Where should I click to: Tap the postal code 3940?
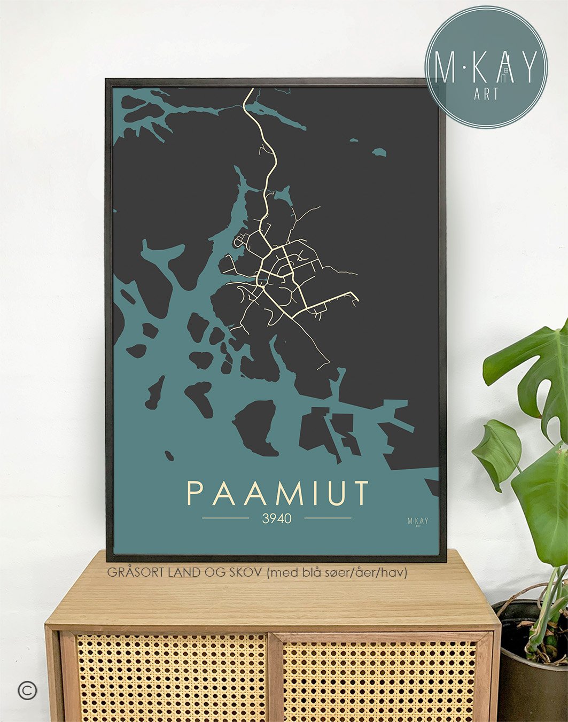(277, 518)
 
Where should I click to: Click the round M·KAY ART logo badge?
(486, 67)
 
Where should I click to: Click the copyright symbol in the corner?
(27, 690)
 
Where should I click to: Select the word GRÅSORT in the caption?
(136, 572)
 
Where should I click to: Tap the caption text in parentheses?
(337, 572)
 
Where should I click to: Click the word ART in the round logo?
(486, 94)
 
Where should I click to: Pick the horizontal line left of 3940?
(225, 518)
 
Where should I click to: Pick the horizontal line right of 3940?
(328, 518)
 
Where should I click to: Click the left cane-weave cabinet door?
(171, 679)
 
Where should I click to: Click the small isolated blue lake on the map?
(379, 152)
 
